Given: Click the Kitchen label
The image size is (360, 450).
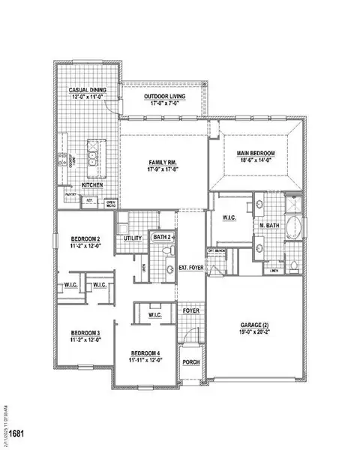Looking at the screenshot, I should coord(91,184).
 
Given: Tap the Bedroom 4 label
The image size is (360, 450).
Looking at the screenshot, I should coord(146,352).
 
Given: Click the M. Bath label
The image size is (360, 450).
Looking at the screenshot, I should coord(269,225).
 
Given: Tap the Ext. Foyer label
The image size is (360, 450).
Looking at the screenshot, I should coord(190,267).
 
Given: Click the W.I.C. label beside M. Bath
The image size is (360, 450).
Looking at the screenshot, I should coord(229,218).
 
